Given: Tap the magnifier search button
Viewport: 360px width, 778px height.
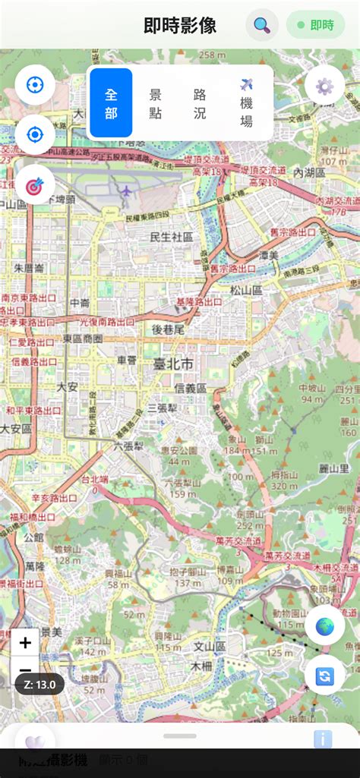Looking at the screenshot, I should [x=262, y=25].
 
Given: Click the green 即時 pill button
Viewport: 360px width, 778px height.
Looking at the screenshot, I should [x=315, y=25].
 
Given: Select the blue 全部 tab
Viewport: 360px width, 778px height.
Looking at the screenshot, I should [x=111, y=102].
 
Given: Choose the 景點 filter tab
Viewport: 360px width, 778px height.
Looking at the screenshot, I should [x=156, y=102].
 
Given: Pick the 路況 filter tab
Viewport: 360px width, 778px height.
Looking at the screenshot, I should [x=200, y=102].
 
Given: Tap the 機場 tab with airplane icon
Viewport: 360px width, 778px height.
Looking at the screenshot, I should [x=246, y=102].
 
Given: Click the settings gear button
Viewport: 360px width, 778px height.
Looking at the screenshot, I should [x=324, y=86].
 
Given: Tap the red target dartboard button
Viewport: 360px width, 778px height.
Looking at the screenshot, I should [x=35, y=184].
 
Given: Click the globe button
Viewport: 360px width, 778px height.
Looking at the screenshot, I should [x=325, y=626].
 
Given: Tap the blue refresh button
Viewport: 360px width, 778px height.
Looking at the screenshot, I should [x=325, y=675].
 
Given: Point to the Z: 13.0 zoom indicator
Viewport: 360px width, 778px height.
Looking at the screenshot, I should [x=39, y=684].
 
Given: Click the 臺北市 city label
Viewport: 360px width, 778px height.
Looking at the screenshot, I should [x=172, y=365].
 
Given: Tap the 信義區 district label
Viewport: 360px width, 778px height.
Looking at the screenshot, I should [x=190, y=388].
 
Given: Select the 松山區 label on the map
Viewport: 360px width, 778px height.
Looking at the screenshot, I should [x=246, y=289].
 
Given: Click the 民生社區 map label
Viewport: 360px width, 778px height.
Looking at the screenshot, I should [x=172, y=237].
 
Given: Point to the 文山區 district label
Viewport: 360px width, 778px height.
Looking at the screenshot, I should [x=210, y=647].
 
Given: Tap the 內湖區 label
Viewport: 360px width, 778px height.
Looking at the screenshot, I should [x=309, y=173].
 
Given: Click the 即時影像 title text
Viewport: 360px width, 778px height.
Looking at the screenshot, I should [x=180, y=25].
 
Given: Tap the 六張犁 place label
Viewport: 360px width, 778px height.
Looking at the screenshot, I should [x=128, y=446].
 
